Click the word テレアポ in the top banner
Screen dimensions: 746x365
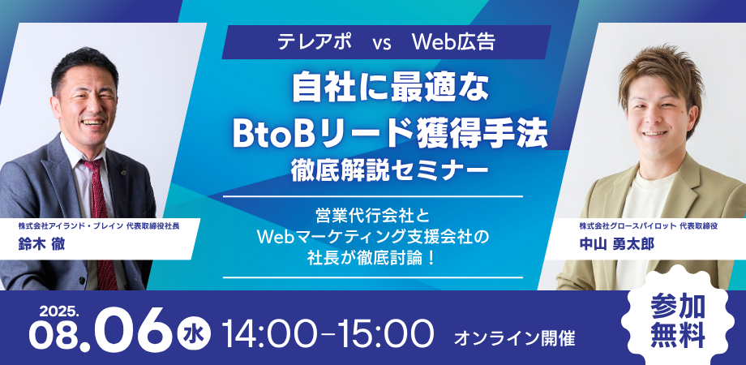(x=315, y=42)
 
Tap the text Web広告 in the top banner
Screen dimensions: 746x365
(x=454, y=42)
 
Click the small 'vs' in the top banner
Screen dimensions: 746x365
(x=382, y=43)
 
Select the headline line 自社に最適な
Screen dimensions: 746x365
(x=390, y=88)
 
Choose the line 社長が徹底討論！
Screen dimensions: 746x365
(x=371, y=257)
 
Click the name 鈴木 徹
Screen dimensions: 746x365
(x=41, y=245)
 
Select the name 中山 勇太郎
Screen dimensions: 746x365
(x=616, y=244)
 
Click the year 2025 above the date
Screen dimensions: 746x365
(x=58, y=312)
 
